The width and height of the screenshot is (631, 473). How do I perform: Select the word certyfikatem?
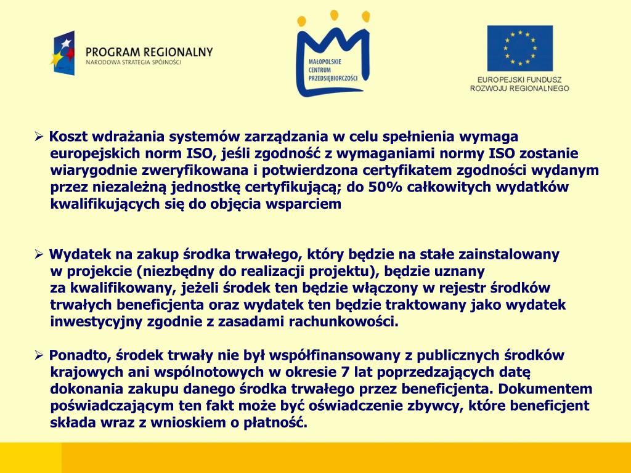[405, 170]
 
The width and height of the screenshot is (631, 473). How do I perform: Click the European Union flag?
[519, 48]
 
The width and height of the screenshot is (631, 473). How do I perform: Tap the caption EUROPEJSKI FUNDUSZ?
[519, 79]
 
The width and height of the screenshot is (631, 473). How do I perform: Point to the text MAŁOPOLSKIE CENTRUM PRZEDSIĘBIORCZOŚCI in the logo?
[332, 70]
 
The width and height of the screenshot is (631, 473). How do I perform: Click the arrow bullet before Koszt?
[38, 136]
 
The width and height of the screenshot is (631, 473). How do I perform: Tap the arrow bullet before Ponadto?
[38, 355]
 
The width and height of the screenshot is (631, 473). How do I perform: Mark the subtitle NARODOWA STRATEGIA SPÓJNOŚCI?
[133, 63]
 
